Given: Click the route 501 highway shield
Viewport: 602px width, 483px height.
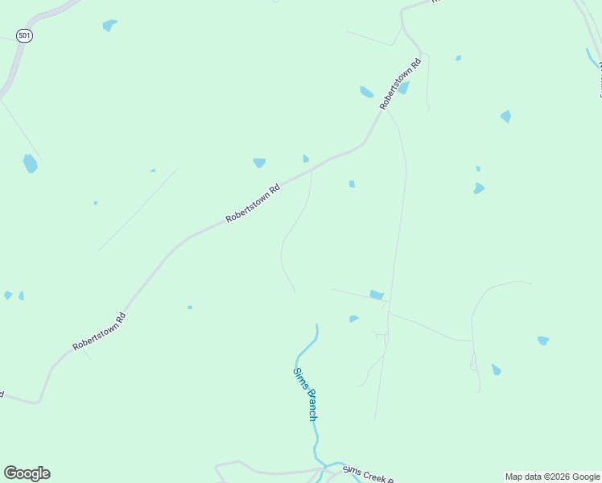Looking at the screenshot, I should click(24, 36).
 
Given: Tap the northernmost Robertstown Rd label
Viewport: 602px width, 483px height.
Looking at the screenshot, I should click(401, 84).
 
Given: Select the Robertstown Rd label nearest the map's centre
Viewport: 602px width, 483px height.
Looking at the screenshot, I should click(253, 204).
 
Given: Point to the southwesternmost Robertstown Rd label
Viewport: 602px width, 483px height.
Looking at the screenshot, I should click(100, 331).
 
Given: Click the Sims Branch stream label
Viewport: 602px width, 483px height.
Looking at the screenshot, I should click(304, 394).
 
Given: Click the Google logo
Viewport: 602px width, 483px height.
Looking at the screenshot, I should click(27, 473).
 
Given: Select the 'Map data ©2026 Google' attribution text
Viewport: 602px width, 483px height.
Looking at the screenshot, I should click(553, 477).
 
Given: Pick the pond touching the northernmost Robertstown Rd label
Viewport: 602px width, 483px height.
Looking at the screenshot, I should click(404, 88).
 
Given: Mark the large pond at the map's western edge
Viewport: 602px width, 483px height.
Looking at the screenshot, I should click(30, 163).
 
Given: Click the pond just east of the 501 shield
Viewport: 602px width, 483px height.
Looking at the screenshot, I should click(109, 25).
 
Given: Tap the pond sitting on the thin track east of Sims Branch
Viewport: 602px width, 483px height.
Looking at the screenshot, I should click(377, 295).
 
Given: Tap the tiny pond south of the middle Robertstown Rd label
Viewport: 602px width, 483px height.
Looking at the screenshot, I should click(190, 307).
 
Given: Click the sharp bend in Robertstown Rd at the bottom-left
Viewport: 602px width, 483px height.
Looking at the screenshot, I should click(39, 400).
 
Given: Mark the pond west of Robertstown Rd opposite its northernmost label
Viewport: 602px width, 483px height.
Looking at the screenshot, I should click(366, 92).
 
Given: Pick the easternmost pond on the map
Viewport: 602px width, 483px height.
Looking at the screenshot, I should click(543, 341).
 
